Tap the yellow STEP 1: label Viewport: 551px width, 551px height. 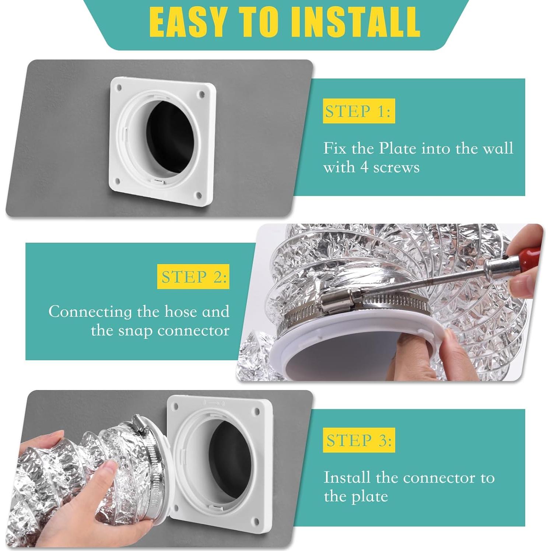coord(359,111)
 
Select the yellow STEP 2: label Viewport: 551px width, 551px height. coord(193,277)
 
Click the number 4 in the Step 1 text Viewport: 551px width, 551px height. coord(364,167)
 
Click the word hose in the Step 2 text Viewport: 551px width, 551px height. coord(180,312)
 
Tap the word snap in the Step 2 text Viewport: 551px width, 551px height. coord(135,331)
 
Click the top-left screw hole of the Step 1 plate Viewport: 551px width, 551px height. coord(119,88)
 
